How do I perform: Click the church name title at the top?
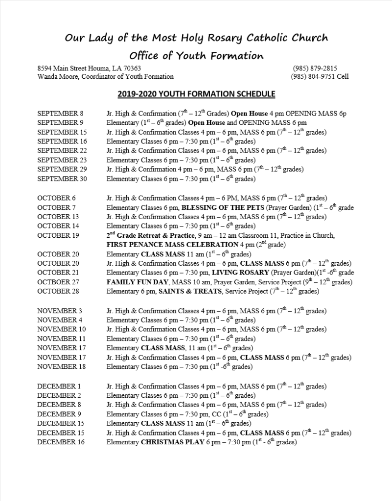point(196,38)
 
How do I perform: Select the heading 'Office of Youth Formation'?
point(196,55)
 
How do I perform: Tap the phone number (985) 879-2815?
point(315,68)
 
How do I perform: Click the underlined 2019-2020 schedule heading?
point(196,94)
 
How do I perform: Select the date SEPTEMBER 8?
point(60,114)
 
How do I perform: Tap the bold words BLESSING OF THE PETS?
point(223,207)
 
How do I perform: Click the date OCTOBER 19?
point(58,235)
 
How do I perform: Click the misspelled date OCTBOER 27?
point(58,282)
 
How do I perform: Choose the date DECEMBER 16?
point(61,442)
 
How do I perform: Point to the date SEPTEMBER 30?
point(62,179)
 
